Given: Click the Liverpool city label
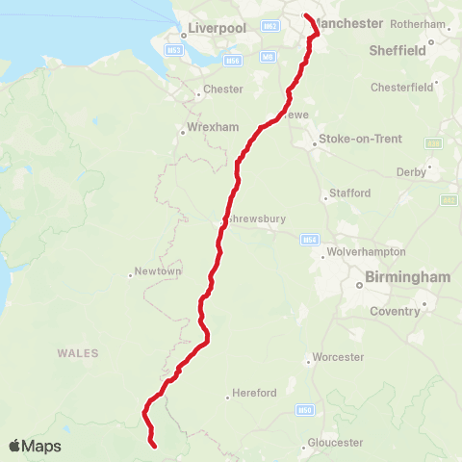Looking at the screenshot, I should pos(218,29).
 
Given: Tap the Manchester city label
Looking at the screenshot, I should pos(349,23).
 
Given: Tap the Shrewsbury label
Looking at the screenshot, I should pos(257,219).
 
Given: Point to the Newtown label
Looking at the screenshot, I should pos(159,271).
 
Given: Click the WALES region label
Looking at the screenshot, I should pos(78,353).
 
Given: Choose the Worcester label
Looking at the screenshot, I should pos(339,357).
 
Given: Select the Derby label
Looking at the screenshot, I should pos(409,173).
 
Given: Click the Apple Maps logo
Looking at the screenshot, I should pos(35,446).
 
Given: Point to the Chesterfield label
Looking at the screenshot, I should pos(401,88).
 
